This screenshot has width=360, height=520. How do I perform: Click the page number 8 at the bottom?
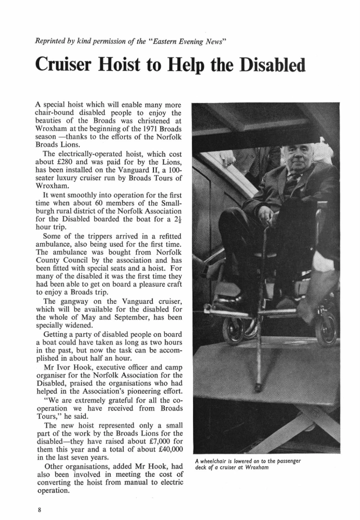(x=39, y=506)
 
